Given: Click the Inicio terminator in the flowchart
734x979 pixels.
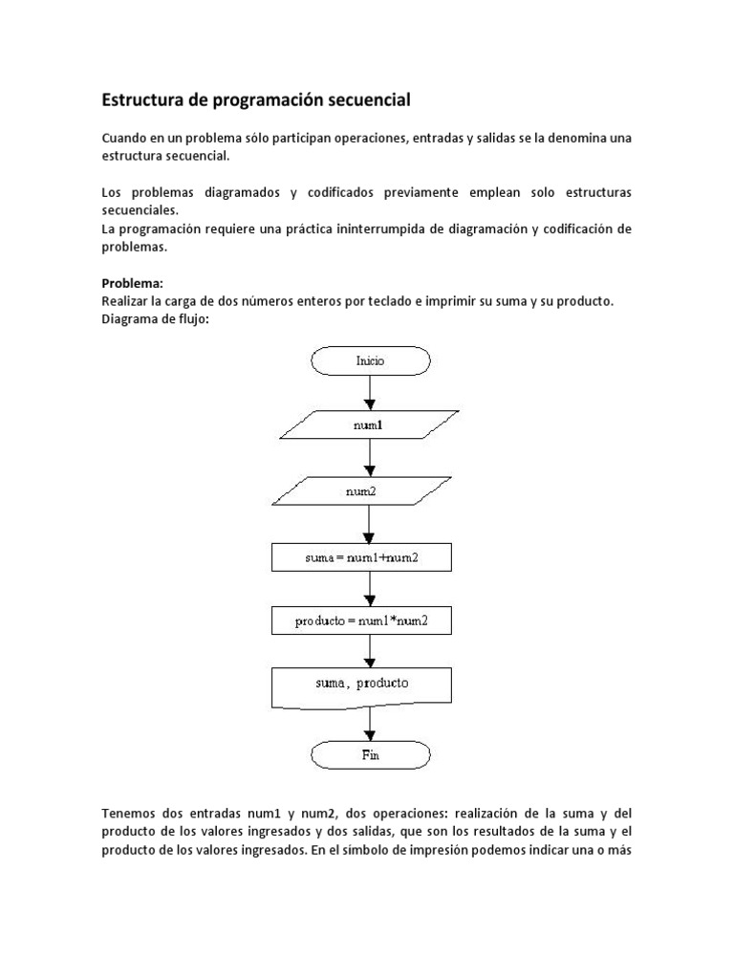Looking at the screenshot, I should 371,360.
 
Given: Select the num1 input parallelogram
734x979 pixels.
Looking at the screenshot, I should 368,425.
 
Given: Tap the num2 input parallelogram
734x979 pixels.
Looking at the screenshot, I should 368,491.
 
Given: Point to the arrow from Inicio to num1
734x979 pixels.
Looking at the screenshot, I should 370,392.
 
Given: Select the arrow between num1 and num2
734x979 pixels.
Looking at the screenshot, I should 370,458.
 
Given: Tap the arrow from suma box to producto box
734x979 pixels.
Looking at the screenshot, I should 370,589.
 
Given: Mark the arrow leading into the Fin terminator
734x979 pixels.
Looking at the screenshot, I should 370,722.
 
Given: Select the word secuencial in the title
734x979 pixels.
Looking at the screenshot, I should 368,99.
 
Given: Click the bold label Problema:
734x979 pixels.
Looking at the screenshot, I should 133,284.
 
